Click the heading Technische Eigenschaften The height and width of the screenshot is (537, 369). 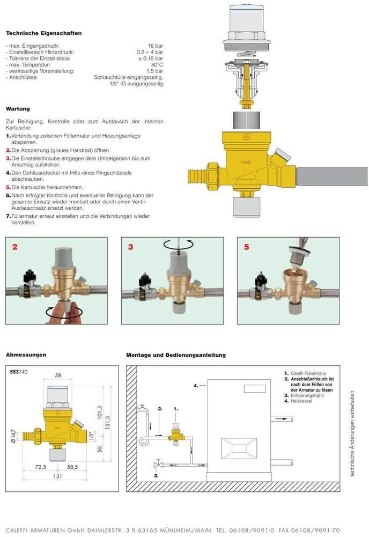[43, 33]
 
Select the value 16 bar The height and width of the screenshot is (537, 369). [156, 46]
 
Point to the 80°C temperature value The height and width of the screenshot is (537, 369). [157, 65]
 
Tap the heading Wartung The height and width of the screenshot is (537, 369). [18, 109]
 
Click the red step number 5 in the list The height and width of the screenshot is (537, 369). [9, 187]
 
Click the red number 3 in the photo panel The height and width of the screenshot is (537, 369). [131, 247]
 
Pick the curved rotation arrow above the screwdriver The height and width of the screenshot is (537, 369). [179, 244]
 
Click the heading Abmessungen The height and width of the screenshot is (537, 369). [26, 355]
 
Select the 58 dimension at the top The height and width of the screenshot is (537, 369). [58, 376]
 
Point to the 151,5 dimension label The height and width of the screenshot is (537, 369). [108, 422]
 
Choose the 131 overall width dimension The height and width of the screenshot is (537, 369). [58, 476]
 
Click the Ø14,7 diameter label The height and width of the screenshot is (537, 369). [13, 436]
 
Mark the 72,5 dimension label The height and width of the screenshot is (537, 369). [41, 467]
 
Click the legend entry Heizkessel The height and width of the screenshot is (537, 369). [301, 401]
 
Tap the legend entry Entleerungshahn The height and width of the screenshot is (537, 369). [307, 395]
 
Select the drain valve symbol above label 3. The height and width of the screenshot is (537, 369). [158, 465]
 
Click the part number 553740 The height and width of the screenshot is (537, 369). [19, 372]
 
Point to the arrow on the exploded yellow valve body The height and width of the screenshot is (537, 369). [247, 162]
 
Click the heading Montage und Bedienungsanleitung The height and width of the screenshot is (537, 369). [176, 355]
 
